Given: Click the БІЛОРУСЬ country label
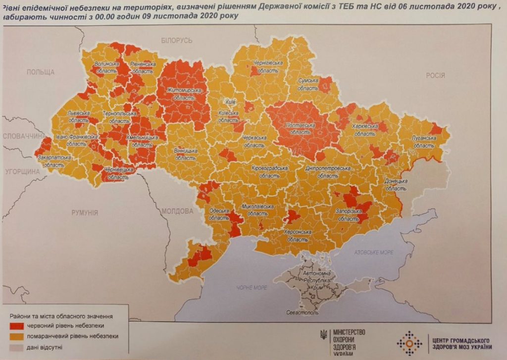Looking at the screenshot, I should (176, 40).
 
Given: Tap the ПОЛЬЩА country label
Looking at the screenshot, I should (41, 72).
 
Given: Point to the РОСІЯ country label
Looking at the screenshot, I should (435, 76).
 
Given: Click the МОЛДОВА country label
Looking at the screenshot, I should (177, 211).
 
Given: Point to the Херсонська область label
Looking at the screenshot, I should (297, 236).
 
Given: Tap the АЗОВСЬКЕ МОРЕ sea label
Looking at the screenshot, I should (374, 253).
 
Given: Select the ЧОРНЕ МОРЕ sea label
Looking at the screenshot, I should (252, 288).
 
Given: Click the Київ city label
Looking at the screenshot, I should (230, 102).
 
